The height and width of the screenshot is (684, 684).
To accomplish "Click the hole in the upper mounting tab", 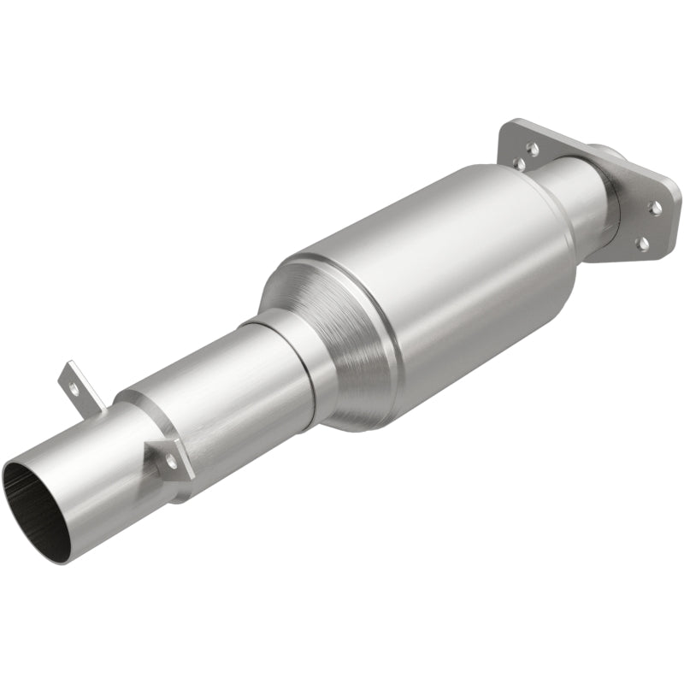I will [74, 386].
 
